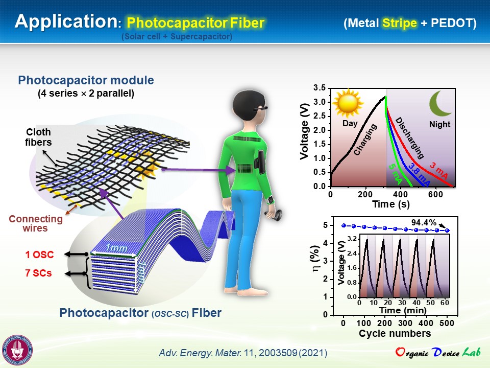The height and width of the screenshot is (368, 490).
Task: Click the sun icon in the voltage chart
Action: click(348, 103)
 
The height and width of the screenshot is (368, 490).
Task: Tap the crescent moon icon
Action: click(440, 104)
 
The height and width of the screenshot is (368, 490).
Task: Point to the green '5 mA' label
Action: click(395, 174)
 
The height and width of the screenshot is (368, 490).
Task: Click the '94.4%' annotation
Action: click(424, 222)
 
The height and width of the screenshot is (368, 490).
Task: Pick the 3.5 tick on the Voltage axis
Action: click(320, 88)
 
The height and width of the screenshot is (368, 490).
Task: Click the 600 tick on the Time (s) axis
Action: click(435, 194)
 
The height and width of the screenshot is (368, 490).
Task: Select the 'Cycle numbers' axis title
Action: click(395, 333)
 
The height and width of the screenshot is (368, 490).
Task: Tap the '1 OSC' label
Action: click(39, 255)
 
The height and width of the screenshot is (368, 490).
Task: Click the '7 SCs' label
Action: click(38, 273)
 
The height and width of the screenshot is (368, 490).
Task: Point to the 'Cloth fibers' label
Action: click(38, 137)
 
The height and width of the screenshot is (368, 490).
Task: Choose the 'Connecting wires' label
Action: click(36, 223)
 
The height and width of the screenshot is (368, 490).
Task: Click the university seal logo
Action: click(17, 350)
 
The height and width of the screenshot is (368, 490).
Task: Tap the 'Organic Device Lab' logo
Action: click(437, 352)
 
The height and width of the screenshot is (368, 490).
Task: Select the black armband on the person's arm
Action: click(260, 162)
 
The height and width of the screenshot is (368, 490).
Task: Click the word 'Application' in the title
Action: click(66, 21)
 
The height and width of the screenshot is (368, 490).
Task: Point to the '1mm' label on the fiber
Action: click(116, 248)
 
